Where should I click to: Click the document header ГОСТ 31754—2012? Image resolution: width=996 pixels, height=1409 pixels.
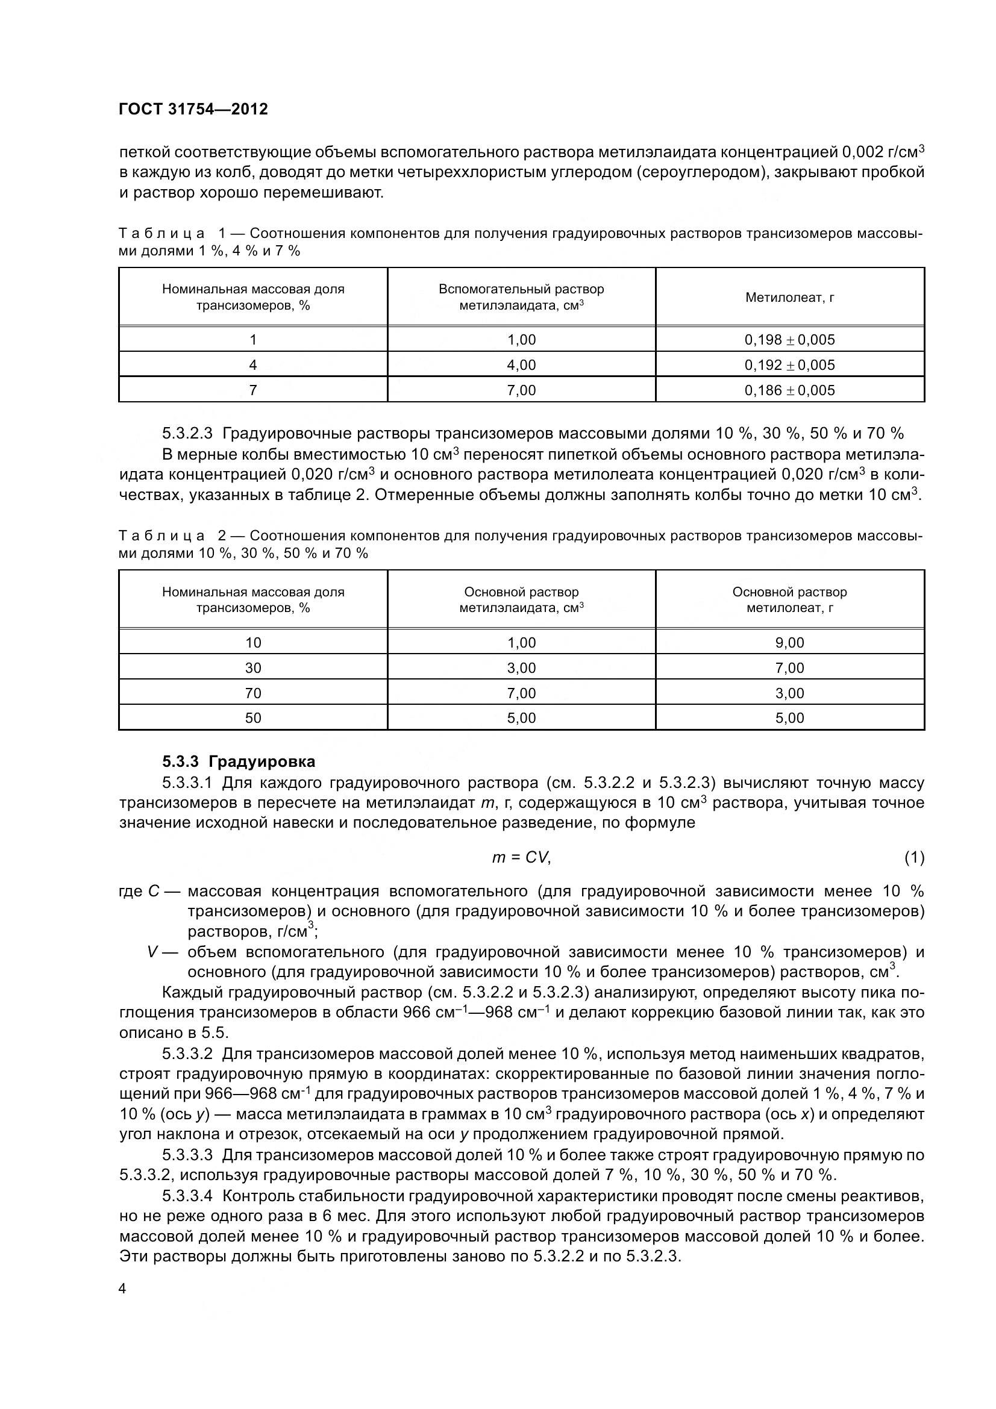(193, 109)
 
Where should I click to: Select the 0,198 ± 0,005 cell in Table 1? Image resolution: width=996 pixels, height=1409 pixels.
(789, 339)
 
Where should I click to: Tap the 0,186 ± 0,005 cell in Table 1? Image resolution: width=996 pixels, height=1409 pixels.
(789, 390)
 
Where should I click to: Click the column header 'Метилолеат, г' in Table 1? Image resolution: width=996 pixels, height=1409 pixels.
(789, 298)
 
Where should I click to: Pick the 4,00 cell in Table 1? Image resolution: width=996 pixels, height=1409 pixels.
(521, 364)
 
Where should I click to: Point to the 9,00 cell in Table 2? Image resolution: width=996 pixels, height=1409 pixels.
(789, 643)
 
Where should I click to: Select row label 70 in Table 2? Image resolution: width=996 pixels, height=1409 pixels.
(253, 693)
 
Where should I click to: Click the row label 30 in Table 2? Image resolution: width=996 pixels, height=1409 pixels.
(253, 667)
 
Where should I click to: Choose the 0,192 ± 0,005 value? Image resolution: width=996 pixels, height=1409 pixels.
(789, 364)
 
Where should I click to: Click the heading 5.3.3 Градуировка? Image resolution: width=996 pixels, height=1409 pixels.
(239, 761)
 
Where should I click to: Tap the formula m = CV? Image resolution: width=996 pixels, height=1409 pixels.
(521, 857)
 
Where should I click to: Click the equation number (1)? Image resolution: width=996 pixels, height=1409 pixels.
(914, 857)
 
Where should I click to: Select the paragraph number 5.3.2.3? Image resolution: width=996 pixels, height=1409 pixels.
(187, 433)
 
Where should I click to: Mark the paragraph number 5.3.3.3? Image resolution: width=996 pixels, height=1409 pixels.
(187, 1155)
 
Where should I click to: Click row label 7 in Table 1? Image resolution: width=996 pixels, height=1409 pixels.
(253, 390)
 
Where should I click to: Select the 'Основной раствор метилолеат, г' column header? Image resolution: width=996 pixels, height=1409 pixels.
(789, 599)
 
